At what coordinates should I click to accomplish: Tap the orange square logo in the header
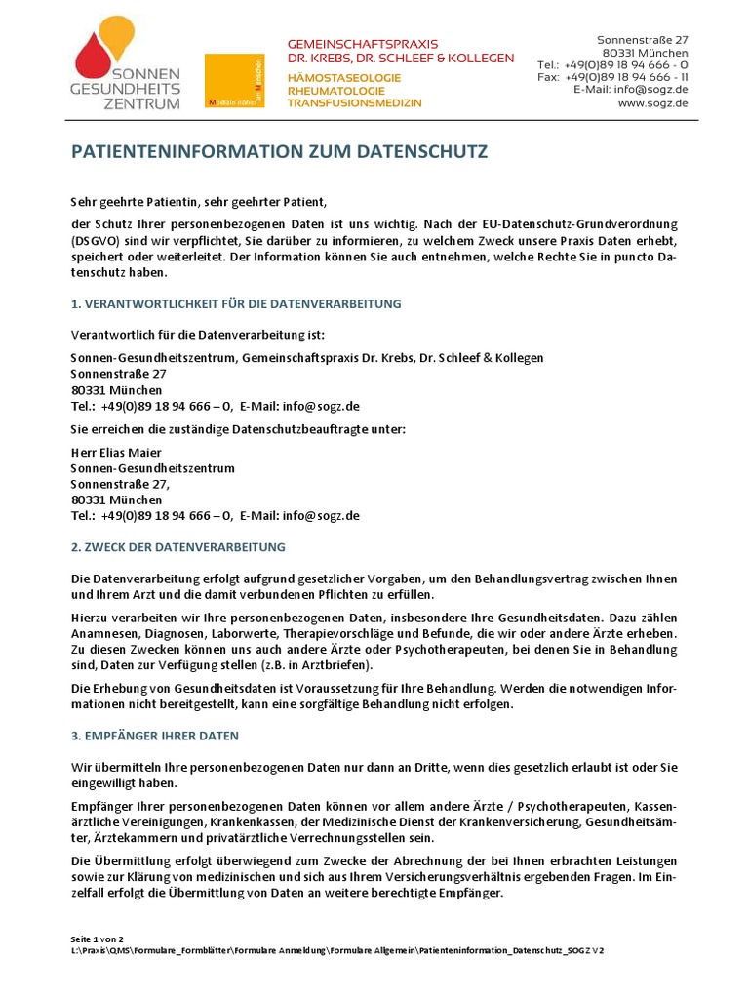coord(234,80)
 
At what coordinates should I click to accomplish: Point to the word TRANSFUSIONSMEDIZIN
coord(354,102)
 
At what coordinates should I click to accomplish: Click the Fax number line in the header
coord(612,77)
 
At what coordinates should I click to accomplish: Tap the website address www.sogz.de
coord(652,102)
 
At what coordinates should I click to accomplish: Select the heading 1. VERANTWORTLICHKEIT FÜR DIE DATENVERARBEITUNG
coord(236,304)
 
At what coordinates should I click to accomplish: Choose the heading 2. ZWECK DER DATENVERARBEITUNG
coord(178,547)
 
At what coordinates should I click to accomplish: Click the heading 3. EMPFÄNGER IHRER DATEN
coord(155,736)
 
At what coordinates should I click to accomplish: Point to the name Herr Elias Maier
coord(116,453)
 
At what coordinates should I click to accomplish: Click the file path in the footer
coord(337,950)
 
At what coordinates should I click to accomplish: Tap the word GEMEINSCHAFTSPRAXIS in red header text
coord(362,44)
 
